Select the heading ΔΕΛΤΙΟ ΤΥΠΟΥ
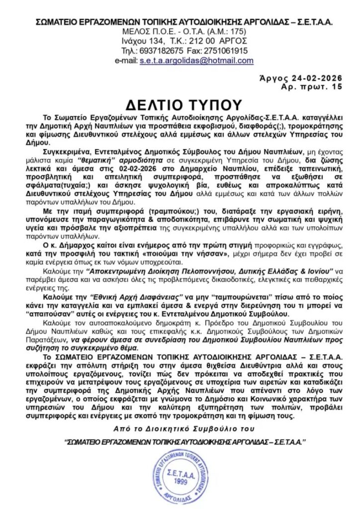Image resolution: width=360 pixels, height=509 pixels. pos(180,105)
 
